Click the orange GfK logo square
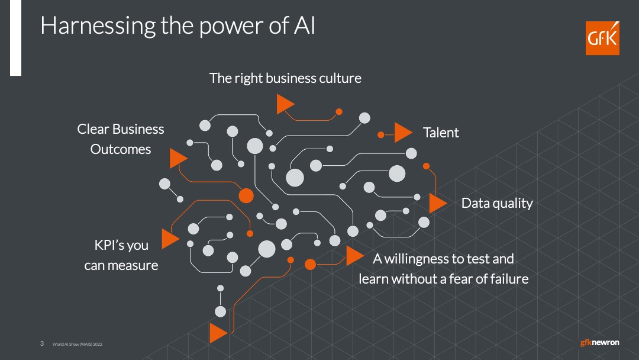(x=602, y=38)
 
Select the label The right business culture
(x=285, y=78)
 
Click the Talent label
(x=441, y=133)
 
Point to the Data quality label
(x=497, y=204)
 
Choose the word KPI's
(x=109, y=245)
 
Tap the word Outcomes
(x=121, y=149)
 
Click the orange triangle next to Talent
(x=402, y=133)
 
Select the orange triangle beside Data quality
(x=437, y=203)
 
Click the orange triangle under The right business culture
(x=285, y=104)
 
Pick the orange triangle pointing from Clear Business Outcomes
(x=177, y=158)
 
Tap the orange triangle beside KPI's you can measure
(x=170, y=239)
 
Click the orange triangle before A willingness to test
(x=354, y=256)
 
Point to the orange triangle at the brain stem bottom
(x=217, y=333)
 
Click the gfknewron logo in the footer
(x=599, y=342)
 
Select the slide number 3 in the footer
(x=42, y=343)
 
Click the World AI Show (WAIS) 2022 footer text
(x=78, y=344)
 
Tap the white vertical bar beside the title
(x=15, y=37)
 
